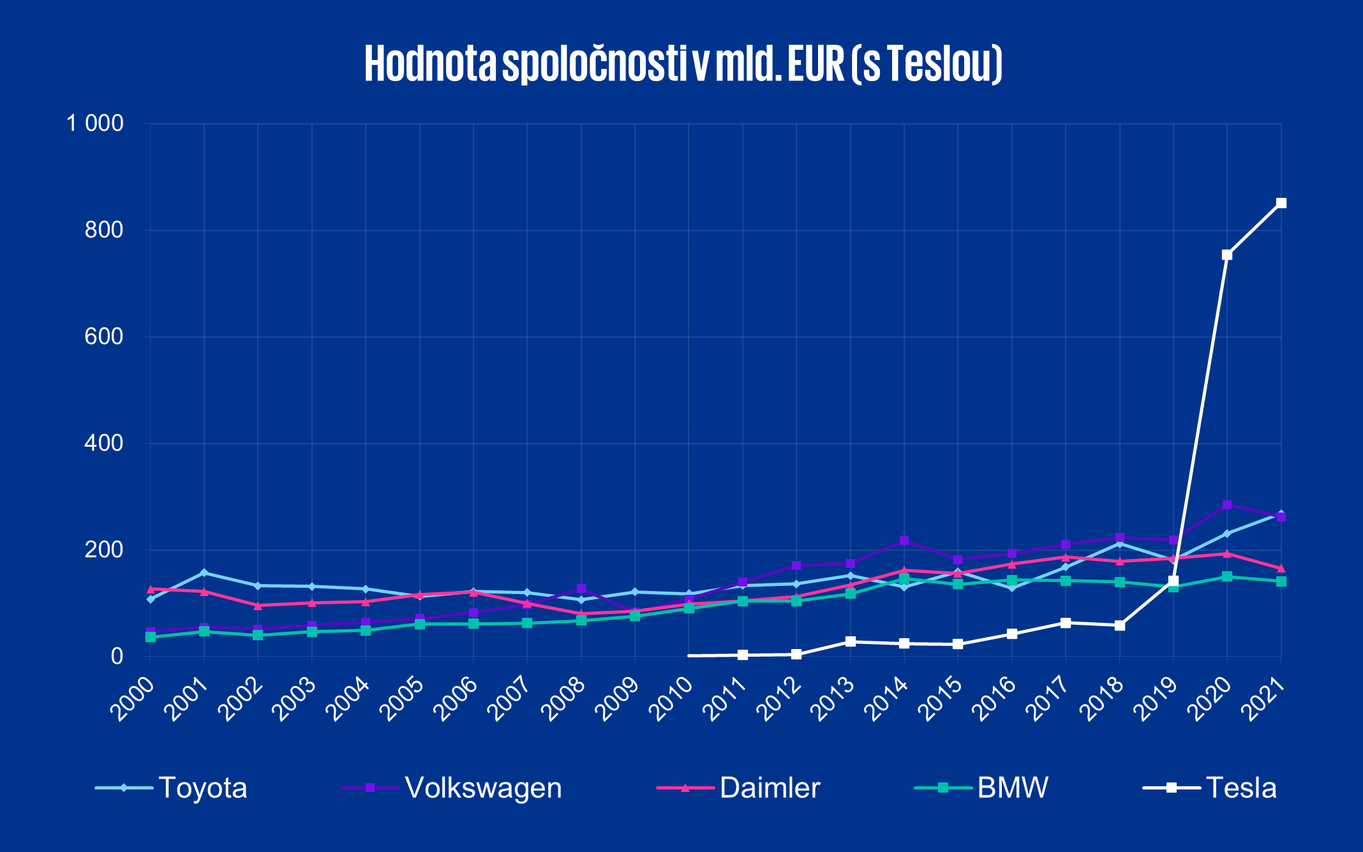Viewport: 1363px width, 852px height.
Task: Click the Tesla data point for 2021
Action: point(1281,203)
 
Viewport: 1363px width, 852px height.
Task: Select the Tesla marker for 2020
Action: point(1226,255)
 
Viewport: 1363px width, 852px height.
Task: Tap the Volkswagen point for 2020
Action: point(1226,505)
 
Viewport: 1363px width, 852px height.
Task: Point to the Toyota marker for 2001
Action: point(204,572)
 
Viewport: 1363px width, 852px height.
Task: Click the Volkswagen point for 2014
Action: point(904,541)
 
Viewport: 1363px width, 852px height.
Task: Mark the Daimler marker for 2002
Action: point(258,606)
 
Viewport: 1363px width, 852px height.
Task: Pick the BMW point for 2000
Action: point(151,637)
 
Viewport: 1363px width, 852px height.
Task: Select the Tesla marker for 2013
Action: point(850,641)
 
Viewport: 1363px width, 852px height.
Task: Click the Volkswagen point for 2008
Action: point(581,588)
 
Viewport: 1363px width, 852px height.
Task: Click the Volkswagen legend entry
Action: point(452,788)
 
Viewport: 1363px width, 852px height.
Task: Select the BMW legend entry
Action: point(982,788)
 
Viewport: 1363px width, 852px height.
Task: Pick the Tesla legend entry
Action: point(1210,788)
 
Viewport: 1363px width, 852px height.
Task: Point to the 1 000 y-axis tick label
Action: point(95,123)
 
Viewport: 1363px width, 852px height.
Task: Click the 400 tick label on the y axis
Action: point(104,443)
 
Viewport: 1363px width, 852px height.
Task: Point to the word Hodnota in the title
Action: point(430,64)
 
